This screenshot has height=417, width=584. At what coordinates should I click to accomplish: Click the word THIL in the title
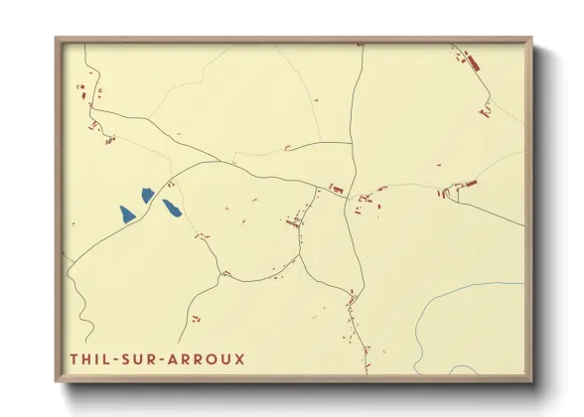tap(89, 357)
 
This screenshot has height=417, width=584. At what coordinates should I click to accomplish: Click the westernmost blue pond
tap(127, 212)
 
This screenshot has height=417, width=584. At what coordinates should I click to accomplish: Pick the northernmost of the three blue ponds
tap(148, 195)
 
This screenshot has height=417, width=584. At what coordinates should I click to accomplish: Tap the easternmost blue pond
tap(172, 208)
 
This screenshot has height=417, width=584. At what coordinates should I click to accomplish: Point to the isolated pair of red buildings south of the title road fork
tap(196, 319)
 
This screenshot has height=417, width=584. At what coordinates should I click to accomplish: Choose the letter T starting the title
tap(73, 357)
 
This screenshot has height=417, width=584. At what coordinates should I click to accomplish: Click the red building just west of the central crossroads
tap(336, 188)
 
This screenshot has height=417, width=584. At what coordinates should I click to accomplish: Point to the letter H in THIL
tap(85, 357)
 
